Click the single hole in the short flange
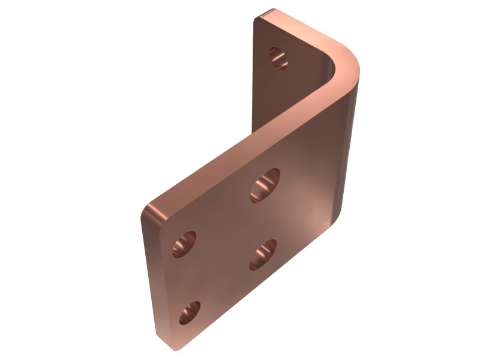pos(278,58)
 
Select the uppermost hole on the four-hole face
pos(265,184)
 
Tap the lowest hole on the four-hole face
pos(190,313)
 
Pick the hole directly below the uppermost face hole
pos(263,254)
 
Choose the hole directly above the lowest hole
pos(184,244)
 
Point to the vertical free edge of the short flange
pos(256,72)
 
